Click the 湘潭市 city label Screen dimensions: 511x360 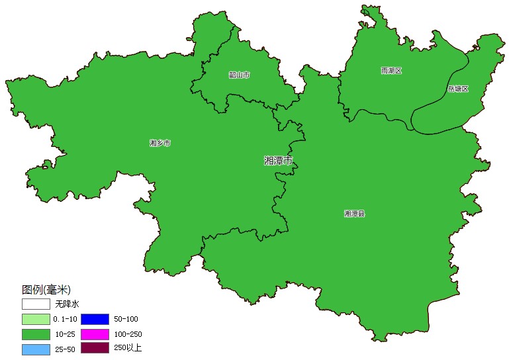tap(278, 160)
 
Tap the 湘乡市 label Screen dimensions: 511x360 tap(160, 143)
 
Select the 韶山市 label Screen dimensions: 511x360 tap(240, 75)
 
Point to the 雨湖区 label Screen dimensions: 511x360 tap(391, 71)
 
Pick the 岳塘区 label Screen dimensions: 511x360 tap(457, 89)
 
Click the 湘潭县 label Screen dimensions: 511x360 tap(355, 214)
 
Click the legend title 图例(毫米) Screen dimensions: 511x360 tap(46, 290)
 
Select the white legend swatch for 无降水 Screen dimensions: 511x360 tap(36, 304)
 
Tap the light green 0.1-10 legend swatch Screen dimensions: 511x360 tap(36, 319)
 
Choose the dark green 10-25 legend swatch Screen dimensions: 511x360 tap(36, 334)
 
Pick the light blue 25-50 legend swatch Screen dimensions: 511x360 tap(36, 349)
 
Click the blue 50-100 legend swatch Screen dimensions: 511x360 tap(95, 319)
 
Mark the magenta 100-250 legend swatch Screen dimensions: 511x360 tap(95, 334)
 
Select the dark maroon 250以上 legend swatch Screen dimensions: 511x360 tap(95, 348)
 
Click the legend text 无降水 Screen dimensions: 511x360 tap(67, 304)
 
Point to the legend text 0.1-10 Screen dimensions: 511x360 tap(66, 319)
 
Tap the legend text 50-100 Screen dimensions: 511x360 tap(126, 319)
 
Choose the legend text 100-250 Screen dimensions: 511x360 tap(128, 334)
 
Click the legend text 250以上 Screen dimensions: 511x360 tap(128, 348)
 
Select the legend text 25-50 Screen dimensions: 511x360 tap(65, 349)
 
